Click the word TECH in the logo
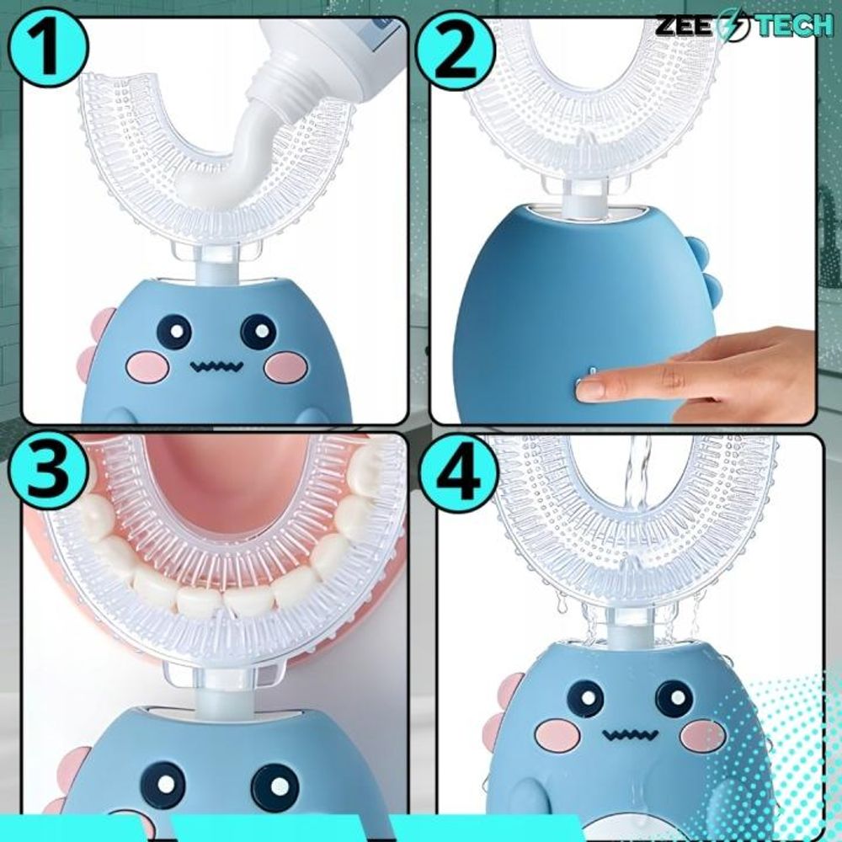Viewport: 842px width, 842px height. [795, 25]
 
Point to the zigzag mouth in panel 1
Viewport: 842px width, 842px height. [216, 367]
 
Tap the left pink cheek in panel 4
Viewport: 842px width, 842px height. [557, 733]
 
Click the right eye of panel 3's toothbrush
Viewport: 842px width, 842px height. [275, 786]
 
